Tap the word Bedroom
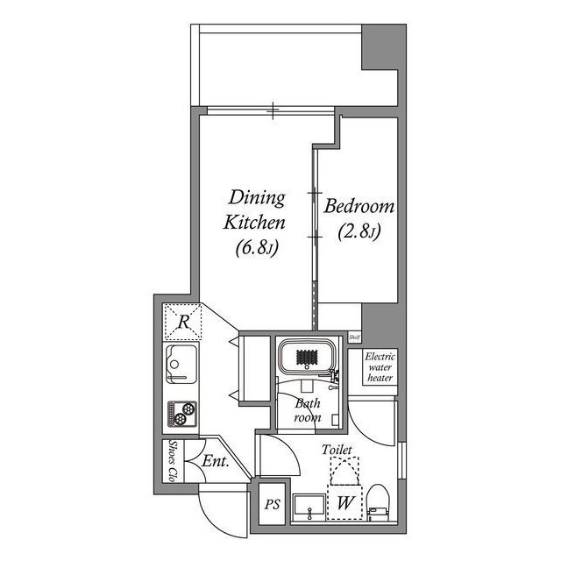(x=359, y=208)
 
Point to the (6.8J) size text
(x=257, y=249)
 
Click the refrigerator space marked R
(x=182, y=322)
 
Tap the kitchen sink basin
(x=181, y=364)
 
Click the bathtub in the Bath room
(x=307, y=359)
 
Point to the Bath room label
(x=307, y=411)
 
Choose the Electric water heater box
(x=380, y=367)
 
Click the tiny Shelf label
(x=355, y=337)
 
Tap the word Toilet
(x=337, y=450)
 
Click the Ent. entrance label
(x=215, y=461)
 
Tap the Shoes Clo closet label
(x=173, y=461)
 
